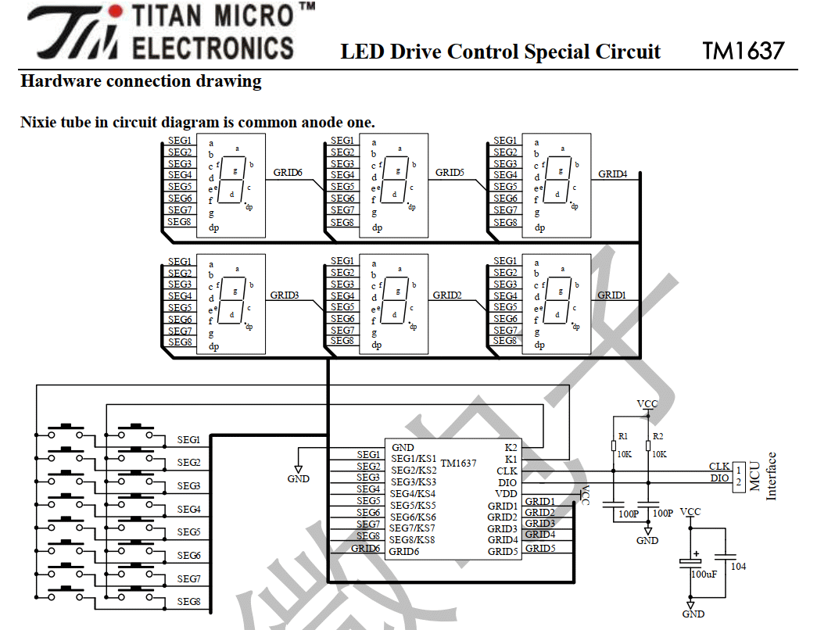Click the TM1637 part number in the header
pyautogui.click(x=743, y=51)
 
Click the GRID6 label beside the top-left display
pyautogui.click(x=288, y=173)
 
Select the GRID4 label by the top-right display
pyautogui.click(x=613, y=174)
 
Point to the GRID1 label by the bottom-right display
pyautogui.click(x=611, y=295)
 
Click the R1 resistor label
pyautogui.click(x=622, y=436)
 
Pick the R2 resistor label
pyautogui.click(x=658, y=436)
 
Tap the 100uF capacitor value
pyautogui.click(x=704, y=575)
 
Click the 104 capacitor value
pyautogui.click(x=738, y=567)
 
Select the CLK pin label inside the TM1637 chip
pyautogui.click(x=507, y=471)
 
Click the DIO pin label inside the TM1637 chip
pyautogui.click(x=507, y=482)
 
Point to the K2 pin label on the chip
pyautogui.click(x=511, y=448)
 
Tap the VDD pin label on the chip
pyautogui.click(x=506, y=494)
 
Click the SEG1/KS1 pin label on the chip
pyautogui.click(x=414, y=459)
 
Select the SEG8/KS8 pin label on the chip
pyautogui.click(x=411, y=540)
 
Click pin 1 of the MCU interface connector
pyautogui.click(x=738, y=471)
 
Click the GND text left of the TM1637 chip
pyautogui.click(x=298, y=479)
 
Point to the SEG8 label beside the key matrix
pyautogui.click(x=188, y=602)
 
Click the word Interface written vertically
pyautogui.click(x=771, y=476)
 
